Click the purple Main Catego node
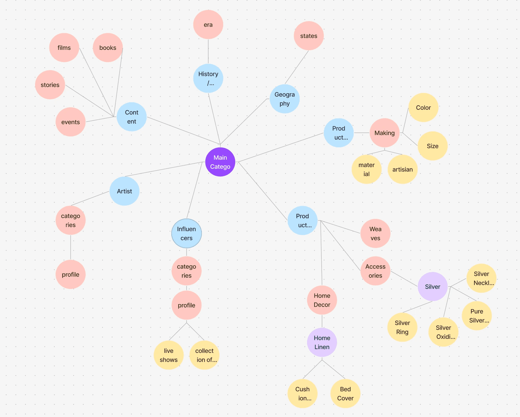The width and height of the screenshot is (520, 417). point(220,162)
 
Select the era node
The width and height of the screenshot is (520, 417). point(208,25)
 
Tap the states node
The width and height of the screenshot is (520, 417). point(309,36)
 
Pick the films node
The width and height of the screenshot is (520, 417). point(64,48)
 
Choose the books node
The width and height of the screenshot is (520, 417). point(108,48)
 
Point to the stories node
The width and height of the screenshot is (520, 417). point(50,85)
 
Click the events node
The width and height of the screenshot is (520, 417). point(70,122)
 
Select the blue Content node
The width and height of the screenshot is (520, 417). point(132,117)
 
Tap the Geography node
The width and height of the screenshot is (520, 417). point(284,99)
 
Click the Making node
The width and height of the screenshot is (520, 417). point(384,133)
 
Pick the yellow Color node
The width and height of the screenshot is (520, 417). point(423,108)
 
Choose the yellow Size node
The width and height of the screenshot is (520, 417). point(432,146)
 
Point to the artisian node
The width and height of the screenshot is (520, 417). point(402,169)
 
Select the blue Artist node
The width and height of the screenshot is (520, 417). point(124,191)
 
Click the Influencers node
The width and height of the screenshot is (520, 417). point(187,233)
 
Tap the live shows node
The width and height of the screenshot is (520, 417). point(169,355)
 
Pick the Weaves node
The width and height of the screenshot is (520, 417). point(375,233)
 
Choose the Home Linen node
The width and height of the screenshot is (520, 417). point(322,342)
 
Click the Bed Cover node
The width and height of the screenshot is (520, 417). point(345,394)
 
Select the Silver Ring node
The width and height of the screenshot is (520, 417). point(402,327)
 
